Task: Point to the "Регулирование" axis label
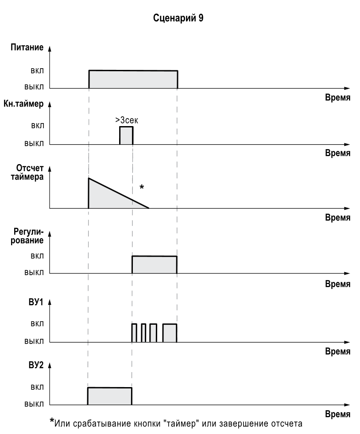coord(31,237)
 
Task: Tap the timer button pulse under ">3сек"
coord(126,135)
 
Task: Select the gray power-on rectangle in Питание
coord(133,80)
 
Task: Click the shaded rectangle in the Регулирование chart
coord(154,265)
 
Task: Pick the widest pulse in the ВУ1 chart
coord(170,333)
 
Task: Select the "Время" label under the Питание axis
coord(338,97)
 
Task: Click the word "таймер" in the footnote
coord(181,424)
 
